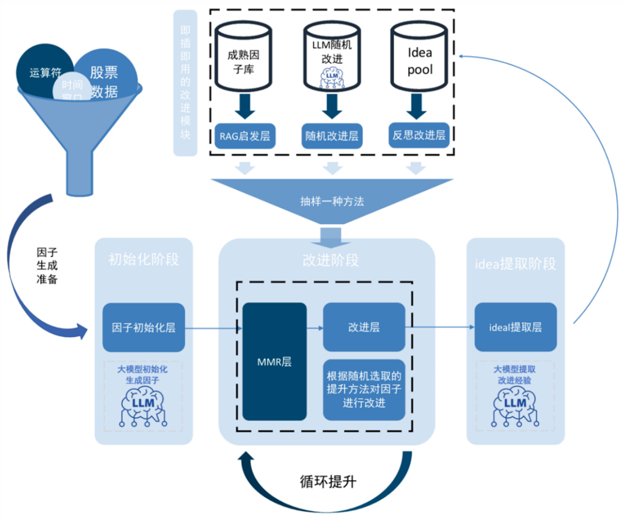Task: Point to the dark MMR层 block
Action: click(275, 362)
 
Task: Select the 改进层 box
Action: click(364, 327)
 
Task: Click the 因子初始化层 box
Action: click(143, 328)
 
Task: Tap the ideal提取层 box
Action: click(515, 328)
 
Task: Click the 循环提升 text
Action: click(329, 481)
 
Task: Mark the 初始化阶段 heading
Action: click(143, 260)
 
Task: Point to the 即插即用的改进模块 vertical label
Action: click(185, 83)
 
